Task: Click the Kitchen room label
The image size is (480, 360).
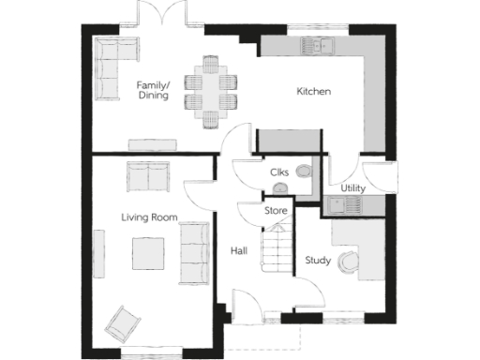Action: (315, 92)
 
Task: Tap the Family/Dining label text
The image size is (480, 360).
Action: (153, 89)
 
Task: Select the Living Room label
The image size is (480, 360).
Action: (149, 217)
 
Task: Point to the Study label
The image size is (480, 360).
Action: (318, 261)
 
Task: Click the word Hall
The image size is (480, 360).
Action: (238, 250)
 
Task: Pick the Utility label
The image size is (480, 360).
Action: (352, 188)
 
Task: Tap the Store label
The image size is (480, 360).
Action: (275, 211)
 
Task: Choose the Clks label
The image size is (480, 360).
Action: (278, 172)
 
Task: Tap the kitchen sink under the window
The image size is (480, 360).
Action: (314, 44)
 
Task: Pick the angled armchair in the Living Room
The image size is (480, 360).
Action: (122, 323)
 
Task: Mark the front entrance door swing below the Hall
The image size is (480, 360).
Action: (243, 306)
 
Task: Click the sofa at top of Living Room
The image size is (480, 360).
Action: (148, 175)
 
